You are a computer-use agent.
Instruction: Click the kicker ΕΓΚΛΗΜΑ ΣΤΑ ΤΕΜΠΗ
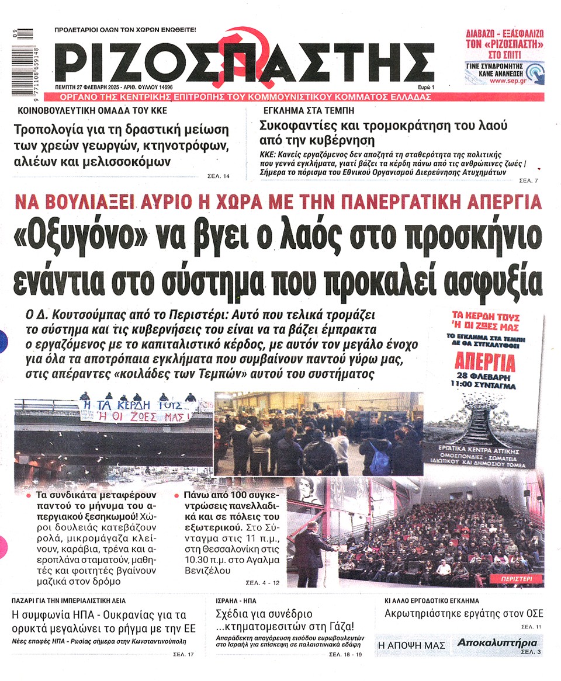click(299, 110)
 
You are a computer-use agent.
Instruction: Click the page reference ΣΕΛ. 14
click(219, 175)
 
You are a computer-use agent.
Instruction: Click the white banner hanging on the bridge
click(136, 409)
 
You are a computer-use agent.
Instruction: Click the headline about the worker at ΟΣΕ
click(463, 613)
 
